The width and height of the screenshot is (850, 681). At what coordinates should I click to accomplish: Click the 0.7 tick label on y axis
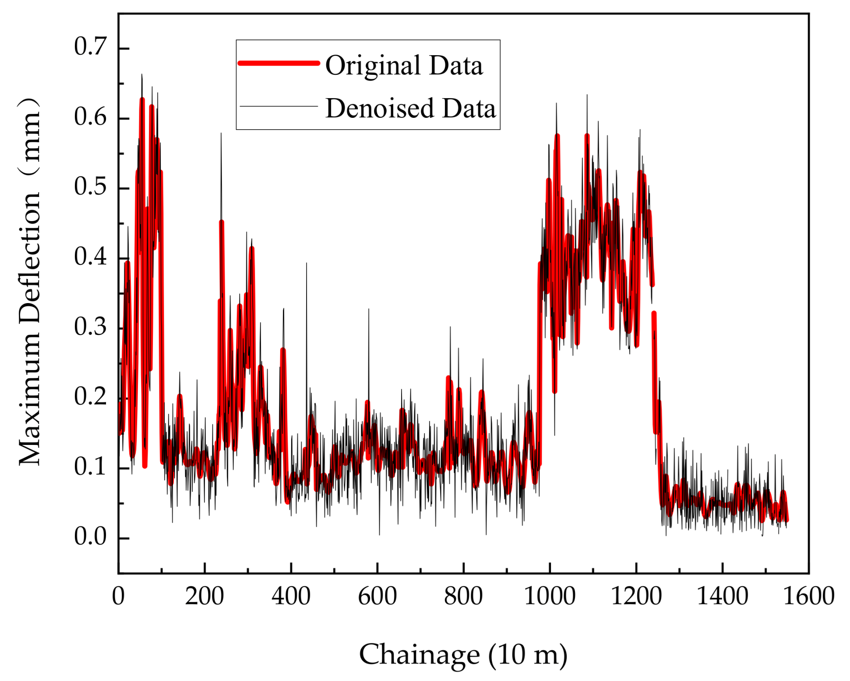click(90, 46)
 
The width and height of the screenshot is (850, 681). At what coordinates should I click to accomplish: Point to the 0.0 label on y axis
click(90, 536)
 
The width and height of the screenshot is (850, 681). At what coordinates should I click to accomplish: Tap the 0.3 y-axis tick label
click(90, 327)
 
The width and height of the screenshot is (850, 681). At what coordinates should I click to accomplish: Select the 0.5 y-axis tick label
click(90, 187)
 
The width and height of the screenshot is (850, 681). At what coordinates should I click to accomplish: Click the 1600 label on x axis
click(808, 596)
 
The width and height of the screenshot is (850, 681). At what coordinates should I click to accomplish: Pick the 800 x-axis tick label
click(463, 596)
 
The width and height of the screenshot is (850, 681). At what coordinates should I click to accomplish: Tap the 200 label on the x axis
click(204, 596)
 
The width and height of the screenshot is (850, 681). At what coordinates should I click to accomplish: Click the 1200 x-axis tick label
click(635, 596)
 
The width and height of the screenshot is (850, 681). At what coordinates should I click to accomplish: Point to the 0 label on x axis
click(118, 596)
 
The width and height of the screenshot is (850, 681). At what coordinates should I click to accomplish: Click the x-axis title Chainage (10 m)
click(463, 655)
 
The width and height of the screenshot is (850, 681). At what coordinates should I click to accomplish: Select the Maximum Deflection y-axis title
click(30, 282)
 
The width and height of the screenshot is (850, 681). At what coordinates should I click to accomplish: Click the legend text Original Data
click(404, 66)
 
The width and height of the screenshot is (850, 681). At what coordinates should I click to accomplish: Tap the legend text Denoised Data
click(410, 108)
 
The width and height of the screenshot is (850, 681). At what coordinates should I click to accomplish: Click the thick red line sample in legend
click(279, 63)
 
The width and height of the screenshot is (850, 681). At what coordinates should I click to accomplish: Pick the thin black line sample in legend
click(279, 106)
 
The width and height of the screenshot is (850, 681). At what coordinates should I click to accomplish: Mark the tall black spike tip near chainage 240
click(221, 134)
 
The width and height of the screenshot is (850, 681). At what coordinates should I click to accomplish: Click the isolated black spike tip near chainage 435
click(307, 263)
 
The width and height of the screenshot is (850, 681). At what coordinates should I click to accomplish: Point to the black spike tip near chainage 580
click(369, 309)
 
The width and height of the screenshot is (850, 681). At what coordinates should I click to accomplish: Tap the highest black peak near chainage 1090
click(587, 95)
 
